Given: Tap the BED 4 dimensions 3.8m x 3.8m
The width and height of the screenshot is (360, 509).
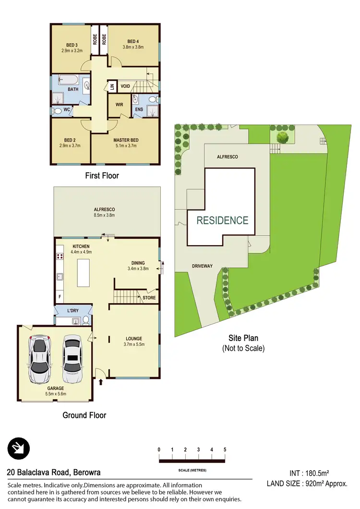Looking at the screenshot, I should click(x=133, y=47).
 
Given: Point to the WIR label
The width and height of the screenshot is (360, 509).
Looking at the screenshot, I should click(x=120, y=103).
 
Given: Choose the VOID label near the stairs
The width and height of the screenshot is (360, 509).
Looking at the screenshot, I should click(x=125, y=86).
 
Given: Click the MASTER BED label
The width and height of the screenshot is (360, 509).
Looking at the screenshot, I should click(x=125, y=140).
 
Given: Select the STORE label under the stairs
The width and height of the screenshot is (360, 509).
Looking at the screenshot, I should click(x=149, y=298).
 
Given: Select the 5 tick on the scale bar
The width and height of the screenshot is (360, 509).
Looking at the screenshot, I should click(x=225, y=450).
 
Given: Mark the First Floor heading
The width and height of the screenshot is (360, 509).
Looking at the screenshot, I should click(x=102, y=176).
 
